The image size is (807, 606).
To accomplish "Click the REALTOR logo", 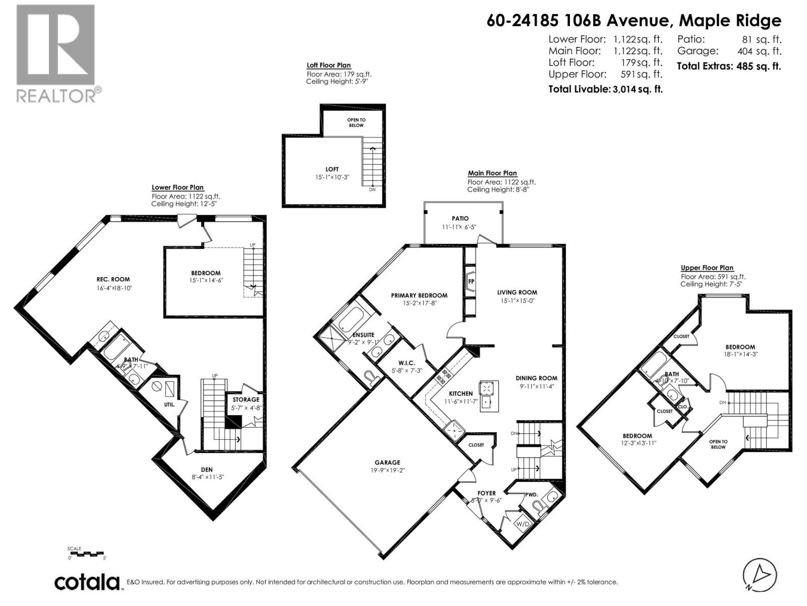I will click(55, 53).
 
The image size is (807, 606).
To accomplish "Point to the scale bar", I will click(86, 553).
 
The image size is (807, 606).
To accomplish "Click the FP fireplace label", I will click(471, 281).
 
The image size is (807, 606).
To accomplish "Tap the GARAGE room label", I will click(387, 462).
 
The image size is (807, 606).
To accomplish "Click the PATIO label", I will click(460, 218).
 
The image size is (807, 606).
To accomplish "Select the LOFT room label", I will click(332, 169).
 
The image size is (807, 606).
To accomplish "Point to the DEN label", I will click(207, 470).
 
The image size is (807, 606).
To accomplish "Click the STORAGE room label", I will click(246, 399).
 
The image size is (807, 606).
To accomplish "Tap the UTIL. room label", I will click(169, 405).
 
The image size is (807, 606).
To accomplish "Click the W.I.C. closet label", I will click(406, 363).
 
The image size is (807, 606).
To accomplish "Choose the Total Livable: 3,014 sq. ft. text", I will click(605, 89).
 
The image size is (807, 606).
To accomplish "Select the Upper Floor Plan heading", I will click(707, 268).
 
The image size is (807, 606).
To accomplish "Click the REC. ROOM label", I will click(113, 279).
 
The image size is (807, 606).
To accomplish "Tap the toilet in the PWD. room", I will click(537, 504).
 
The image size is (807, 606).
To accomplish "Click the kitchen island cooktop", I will click(488, 388).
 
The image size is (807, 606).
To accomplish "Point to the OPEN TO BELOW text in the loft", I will click(356, 123).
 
